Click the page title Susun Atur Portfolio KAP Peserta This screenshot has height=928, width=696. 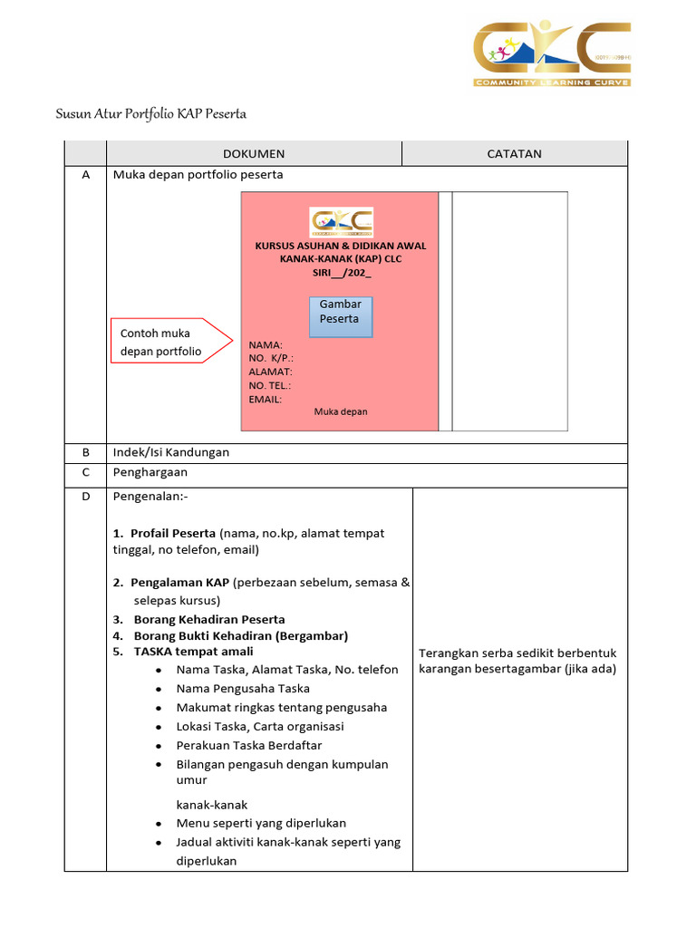click(x=150, y=114)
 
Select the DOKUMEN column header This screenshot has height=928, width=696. click(x=254, y=154)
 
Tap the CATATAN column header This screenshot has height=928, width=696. click(x=514, y=154)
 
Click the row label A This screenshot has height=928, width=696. click(x=85, y=175)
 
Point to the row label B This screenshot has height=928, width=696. click(x=85, y=452)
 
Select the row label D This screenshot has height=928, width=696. click(x=85, y=498)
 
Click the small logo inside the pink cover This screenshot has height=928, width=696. click(x=341, y=222)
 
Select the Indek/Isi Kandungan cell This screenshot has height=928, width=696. click(x=171, y=452)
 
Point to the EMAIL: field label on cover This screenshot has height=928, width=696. click(x=265, y=399)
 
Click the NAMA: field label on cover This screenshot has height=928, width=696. click(x=266, y=345)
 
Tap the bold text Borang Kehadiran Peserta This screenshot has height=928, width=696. click(x=209, y=620)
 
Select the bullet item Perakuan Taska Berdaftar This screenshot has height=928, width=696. click(x=249, y=746)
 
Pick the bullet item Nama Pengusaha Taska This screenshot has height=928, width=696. click(x=243, y=689)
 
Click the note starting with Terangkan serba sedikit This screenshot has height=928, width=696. click(x=517, y=662)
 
